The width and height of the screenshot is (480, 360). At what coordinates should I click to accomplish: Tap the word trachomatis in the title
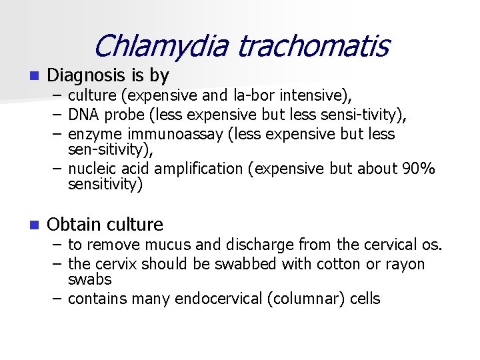pyautogui.click(x=313, y=46)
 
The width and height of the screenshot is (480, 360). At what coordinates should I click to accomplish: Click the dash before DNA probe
pyautogui.click(x=57, y=115)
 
